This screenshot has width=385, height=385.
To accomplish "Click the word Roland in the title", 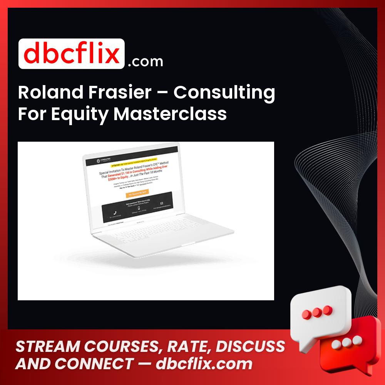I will tap(42, 93).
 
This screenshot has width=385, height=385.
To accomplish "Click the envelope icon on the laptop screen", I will tap(162, 203).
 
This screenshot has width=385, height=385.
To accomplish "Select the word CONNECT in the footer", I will tap(92, 364).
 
